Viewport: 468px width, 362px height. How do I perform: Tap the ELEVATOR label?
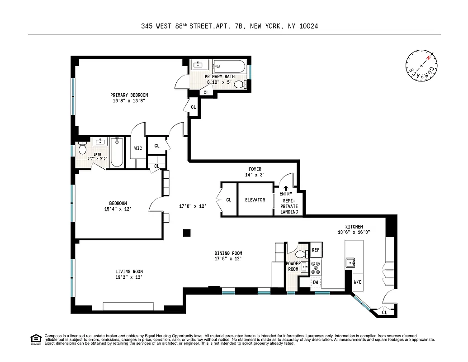point(255,200)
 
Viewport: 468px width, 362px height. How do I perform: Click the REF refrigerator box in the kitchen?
point(316,250)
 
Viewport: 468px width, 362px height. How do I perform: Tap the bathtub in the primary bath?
point(229,67)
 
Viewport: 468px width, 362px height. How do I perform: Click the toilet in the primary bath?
point(240,84)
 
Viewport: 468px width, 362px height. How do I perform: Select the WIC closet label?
point(138,148)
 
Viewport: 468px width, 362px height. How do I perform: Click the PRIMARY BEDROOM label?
point(129,95)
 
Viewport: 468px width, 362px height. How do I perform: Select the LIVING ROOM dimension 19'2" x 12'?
point(129,277)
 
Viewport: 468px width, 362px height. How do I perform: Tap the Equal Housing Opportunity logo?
point(35,339)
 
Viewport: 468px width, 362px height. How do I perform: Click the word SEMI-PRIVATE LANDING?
point(289,206)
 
